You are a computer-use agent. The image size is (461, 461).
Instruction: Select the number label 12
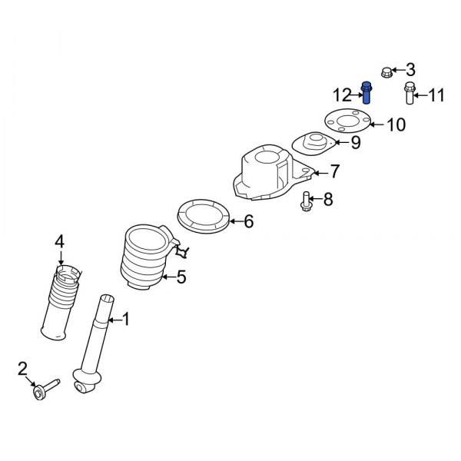point(342,95)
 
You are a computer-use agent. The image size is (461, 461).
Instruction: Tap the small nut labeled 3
point(387,72)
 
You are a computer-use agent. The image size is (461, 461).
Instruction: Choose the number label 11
point(436,96)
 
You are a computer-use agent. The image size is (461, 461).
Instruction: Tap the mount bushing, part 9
point(314,143)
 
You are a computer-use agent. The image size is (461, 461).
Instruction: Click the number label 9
point(356,142)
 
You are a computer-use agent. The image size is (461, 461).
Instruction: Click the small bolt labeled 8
point(307,202)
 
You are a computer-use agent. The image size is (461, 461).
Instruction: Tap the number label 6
point(248,223)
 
